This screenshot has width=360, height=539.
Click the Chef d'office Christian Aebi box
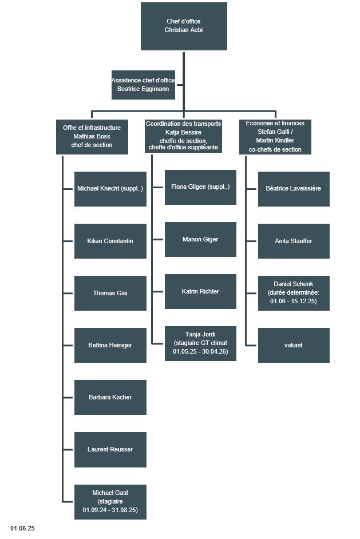point(184,26)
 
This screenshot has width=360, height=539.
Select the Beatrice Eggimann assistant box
point(143,85)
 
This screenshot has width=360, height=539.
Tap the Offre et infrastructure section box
point(92,137)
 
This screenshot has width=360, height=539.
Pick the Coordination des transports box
point(183,136)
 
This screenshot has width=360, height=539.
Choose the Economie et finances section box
point(275,137)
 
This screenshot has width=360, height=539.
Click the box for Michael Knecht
point(110,189)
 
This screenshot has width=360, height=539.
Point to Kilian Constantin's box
point(110,241)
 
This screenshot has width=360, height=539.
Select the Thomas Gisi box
point(110,293)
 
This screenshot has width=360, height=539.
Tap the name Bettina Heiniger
point(110,345)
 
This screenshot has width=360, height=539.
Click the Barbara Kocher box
point(110,397)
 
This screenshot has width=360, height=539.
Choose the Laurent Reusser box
point(110,449)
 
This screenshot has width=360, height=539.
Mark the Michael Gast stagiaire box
point(110,502)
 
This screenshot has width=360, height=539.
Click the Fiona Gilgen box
point(200,187)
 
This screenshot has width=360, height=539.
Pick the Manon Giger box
point(200,239)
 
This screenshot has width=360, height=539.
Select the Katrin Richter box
point(200,291)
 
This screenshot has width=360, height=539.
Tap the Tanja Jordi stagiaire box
point(200,343)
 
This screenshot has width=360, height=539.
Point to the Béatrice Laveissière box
point(294,189)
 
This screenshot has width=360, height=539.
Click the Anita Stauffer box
point(294,241)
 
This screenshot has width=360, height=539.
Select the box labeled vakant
point(294,345)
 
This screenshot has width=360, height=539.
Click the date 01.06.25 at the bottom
point(22,528)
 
